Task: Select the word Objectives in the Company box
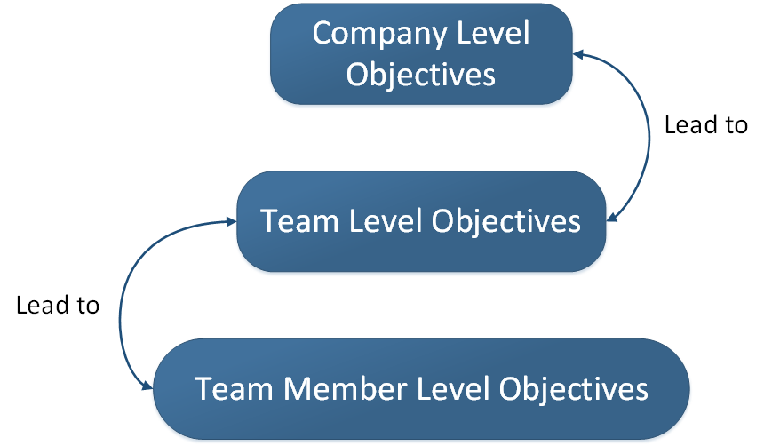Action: tap(421, 74)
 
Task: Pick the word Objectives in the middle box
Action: tap(506, 220)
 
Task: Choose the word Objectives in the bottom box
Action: tap(572, 389)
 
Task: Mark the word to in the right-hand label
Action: tap(736, 126)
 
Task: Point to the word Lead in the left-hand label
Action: tap(42, 306)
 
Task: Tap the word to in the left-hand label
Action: tap(87, 307)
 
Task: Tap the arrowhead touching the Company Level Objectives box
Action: tap(580, 54)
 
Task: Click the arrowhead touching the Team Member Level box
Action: tap(145, 385)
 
